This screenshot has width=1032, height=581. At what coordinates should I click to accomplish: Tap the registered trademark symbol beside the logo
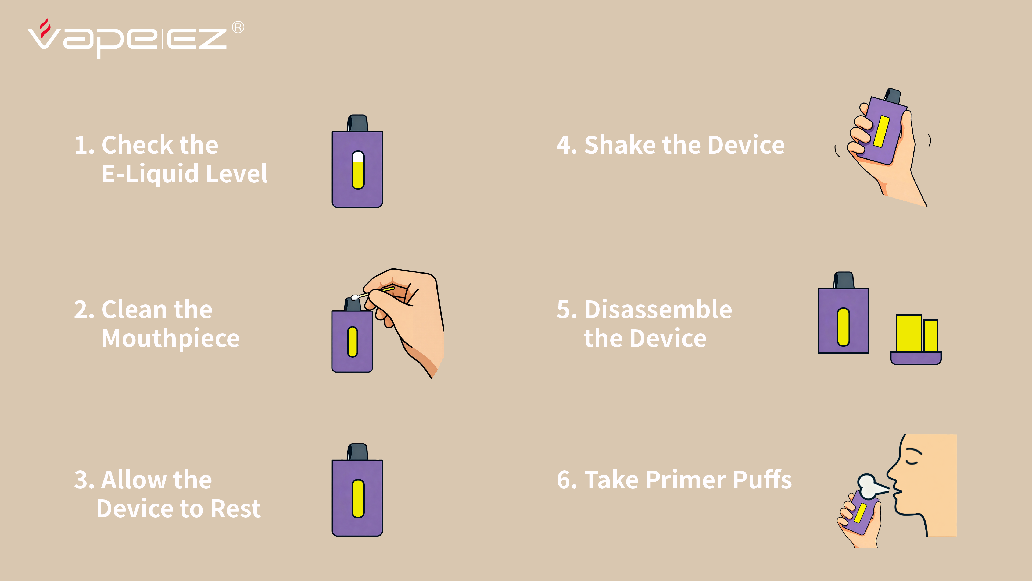pyautogui.click(x=238, y=27)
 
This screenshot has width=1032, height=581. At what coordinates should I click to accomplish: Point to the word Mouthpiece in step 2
pyautogui.click(x=171, y=339)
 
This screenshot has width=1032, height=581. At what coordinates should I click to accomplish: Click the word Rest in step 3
pyautogui.click(x=236, y=509)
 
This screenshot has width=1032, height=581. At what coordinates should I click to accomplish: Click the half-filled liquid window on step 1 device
pyautogui.click(x=358, y=170)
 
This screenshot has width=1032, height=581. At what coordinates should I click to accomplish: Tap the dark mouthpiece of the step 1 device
pyautogui.click(x=357, y=123)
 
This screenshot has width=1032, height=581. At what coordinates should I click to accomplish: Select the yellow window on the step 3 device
pyautogui.click(x=358, y=498)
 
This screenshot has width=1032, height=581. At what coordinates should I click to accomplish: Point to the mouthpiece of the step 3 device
pyautogui.click(x=357, y=452)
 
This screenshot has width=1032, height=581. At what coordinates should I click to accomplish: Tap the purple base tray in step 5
pyautogui.click(x=916, y=358)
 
